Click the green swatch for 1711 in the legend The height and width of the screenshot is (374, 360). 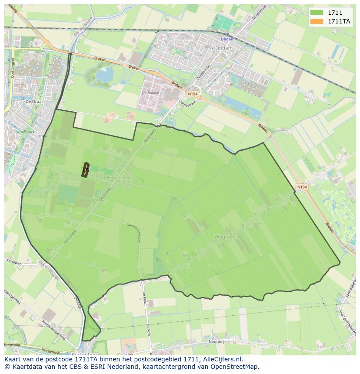coord(317,13)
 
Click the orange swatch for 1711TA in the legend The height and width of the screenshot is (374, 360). coord(317,21)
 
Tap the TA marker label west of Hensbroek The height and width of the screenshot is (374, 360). coord(85,170)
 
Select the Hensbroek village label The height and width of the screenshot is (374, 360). coord(118,178)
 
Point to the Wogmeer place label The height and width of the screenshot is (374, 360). coord(226,237)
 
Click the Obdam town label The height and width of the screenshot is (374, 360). coord(227,39)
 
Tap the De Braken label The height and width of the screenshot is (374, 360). coord(151,93)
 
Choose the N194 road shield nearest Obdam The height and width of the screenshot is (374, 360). coord(192,94)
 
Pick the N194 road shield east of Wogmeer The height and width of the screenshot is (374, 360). coord(302,187)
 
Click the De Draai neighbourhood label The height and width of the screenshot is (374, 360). coord(33,101)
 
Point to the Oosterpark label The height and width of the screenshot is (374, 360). coord(24,132)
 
